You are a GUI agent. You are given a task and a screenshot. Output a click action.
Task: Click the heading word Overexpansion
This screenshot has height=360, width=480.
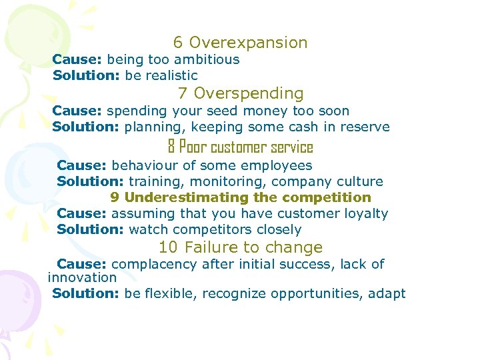tap(248, 43)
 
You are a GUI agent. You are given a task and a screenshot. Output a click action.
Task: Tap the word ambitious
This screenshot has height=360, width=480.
tap(206, 59)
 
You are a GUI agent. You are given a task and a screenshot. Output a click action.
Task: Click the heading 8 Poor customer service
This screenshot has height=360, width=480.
tap(240, 147)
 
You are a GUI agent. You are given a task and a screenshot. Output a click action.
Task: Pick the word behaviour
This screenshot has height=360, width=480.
tap(143, 165)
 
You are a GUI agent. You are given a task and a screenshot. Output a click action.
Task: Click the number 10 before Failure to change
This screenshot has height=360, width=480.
tap(168, 247)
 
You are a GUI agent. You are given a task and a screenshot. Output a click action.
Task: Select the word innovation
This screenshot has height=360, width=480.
tap(83, 277)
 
